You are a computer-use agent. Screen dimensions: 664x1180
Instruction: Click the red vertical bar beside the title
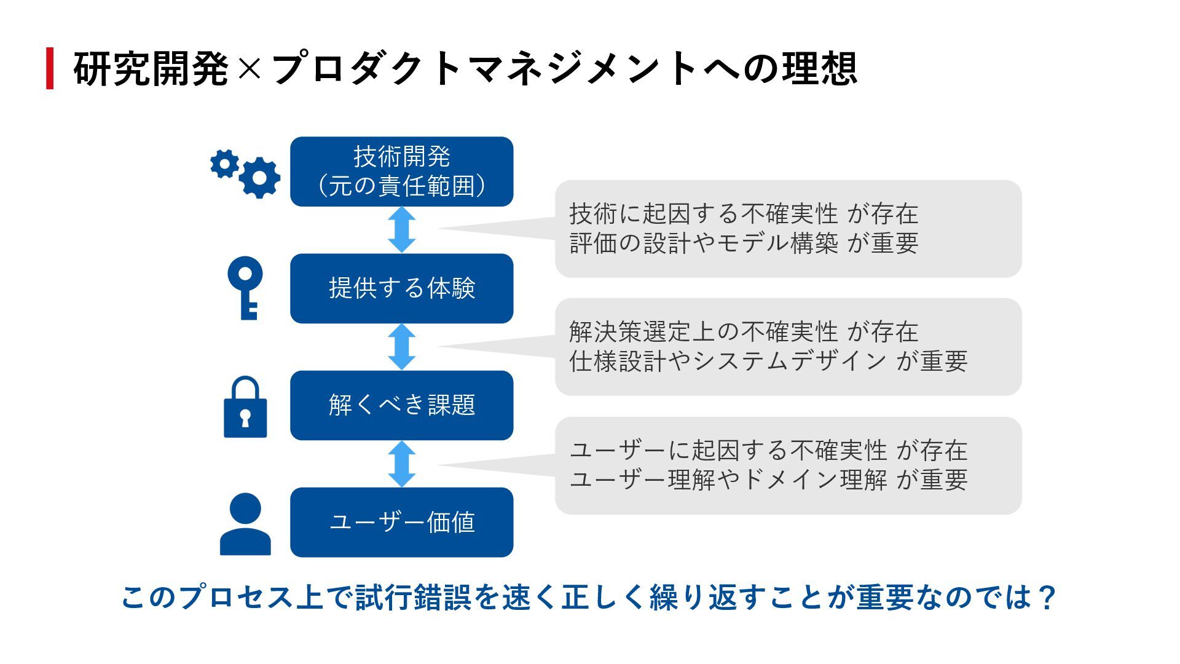point(50,68)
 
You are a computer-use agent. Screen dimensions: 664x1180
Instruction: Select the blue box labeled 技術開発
point(401,172)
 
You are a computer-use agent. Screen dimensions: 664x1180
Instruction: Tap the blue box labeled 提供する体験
point(401,288)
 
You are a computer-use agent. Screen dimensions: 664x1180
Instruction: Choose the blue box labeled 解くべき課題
point(401,405)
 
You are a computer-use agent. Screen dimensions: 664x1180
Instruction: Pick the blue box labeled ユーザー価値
point(401,523)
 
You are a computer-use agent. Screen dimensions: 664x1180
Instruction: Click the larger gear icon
point(259,178)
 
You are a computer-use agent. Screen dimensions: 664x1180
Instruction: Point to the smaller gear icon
point(224,164)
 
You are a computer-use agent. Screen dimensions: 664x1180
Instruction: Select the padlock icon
point(245,408)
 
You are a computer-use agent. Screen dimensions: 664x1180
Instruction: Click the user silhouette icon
point(245,524)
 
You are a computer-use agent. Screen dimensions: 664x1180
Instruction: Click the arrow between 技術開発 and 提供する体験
point(402,230)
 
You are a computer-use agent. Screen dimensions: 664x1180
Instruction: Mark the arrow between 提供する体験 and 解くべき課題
point(402,347)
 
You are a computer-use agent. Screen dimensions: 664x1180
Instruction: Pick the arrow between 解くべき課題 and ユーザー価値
point(402,464)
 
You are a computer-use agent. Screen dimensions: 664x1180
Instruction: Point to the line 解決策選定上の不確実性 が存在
point(744,332)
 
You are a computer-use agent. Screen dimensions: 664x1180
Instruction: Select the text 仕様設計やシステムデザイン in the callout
point(728,361)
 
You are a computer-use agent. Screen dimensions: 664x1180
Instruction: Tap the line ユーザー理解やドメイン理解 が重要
point(768,480)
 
